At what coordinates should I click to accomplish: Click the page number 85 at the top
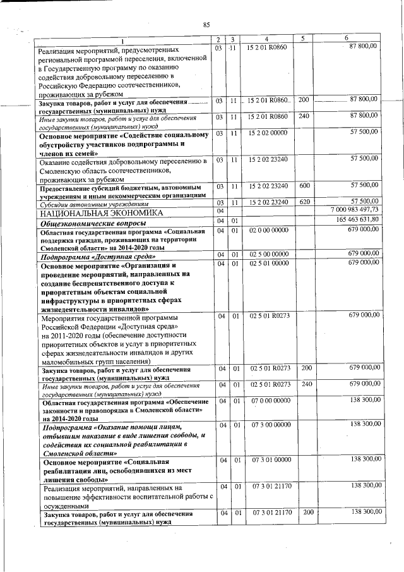pos(206,25)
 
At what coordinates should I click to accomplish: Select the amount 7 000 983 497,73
pos(353,210)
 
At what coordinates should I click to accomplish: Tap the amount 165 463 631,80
pos(355,219)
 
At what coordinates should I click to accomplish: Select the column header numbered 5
pos(303,39)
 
